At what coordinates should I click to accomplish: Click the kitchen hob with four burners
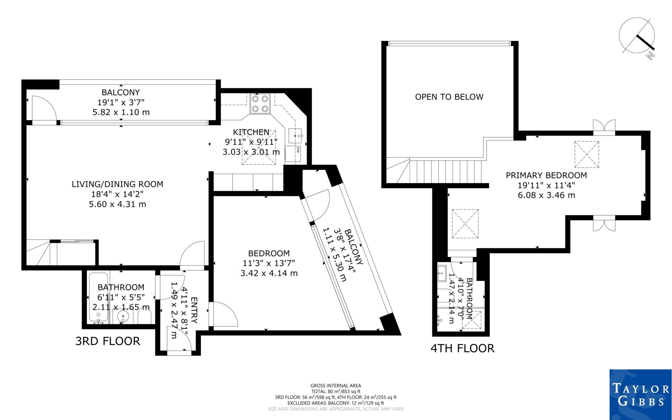point(260,103)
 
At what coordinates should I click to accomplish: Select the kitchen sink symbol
point(295,135)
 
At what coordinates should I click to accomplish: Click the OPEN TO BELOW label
point(449,97)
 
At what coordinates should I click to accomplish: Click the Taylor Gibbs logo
point(640,394)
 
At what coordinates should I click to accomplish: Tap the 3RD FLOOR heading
point(108,341)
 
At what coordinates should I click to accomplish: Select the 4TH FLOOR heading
point(462,348)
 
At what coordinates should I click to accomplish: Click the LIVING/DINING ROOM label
point(117,184)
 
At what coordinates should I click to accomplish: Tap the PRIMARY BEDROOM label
point(546,175)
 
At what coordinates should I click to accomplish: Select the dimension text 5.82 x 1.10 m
point(121,112)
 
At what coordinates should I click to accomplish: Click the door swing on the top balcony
point(44,108)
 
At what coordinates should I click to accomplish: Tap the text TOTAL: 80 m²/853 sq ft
point(336,391)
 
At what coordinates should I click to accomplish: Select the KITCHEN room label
point(251,132)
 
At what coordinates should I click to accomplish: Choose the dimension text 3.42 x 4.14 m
point(269,273)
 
